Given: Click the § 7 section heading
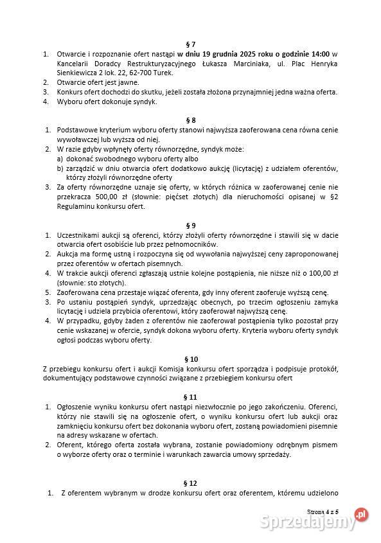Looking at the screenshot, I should coord(190,44).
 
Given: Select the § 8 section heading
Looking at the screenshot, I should coord(190,120).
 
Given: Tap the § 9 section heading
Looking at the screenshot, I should coord(190,225).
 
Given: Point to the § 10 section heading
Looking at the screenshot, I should coord(190,359).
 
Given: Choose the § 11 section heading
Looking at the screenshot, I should coord(190,397).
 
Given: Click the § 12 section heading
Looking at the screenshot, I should coord(190,482).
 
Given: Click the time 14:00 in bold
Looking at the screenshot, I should coord(316,53).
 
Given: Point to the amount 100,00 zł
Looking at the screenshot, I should coord(325,272).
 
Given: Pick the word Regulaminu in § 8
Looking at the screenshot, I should coord(77,206).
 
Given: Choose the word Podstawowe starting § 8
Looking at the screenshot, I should coord(77,130).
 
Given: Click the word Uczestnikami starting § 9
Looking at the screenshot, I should coord(80,235).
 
